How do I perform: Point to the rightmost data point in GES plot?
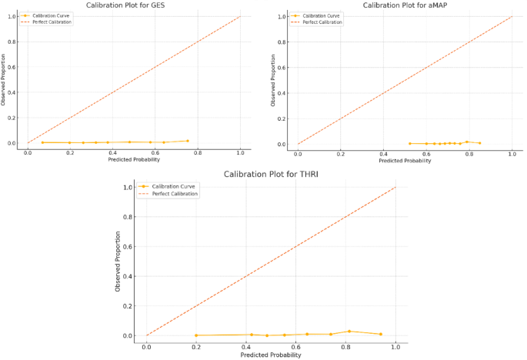pyautogui.click(x=187, y=141)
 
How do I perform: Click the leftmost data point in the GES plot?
pyautogui.click(x=42, y=142)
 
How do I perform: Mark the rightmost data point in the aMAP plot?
pyautogui.click(x=479, y=143)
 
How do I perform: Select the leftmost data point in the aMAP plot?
pyautogui.click(x=409, y=143)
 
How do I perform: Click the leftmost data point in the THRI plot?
pyautogui.click(x=196, y=335)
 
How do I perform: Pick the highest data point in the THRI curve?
pyautogui.click(x=349, y=332)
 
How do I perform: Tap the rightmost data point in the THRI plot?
pyautogui.click(x=380, y=334)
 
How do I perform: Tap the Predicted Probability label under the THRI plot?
pyautogui.click(x=271, y=355)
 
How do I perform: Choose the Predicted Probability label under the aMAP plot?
pyautogui.click(x=405, y=161)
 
